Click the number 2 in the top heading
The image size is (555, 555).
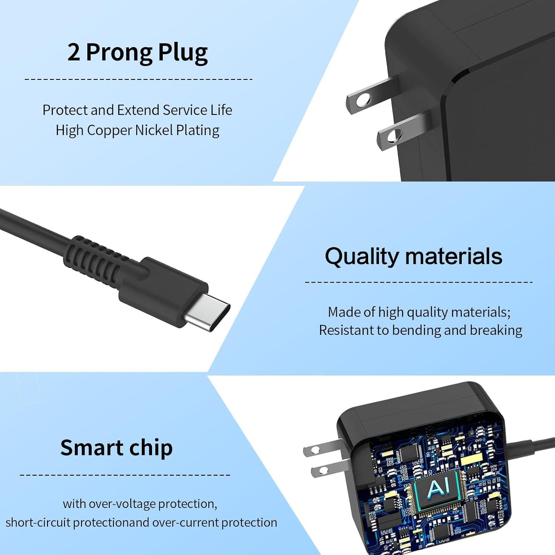tap(73, 53)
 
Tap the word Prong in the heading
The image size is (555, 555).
tap(119, 53)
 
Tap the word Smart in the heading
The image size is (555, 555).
tap(86, 448)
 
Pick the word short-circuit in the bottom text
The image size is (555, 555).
tap(38, 522)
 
